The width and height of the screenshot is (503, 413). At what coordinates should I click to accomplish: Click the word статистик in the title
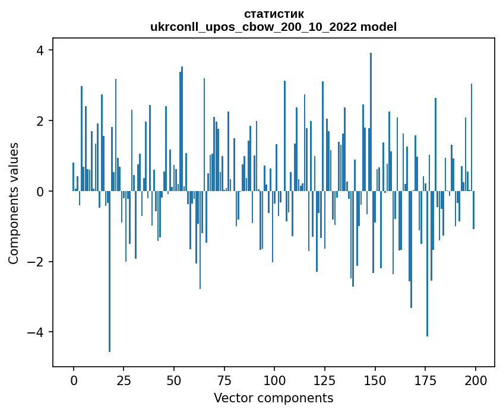274,14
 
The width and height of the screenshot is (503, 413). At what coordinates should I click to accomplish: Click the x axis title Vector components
274,398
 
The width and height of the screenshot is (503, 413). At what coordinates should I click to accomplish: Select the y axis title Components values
14,203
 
